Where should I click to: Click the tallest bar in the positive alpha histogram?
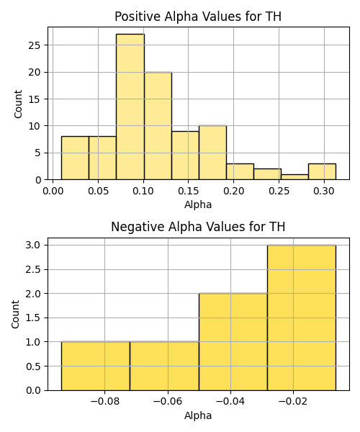tap(130, 107)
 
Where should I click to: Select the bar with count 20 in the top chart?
tap(158, 126)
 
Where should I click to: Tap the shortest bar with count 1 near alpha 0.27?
tap(294, 177)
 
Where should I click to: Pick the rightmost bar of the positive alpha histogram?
tap(322, 171)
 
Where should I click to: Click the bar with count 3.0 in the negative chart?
tap(302, 318)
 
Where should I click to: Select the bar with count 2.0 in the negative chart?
tap(233, 342)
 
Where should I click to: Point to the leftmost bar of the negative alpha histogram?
tap(96, 366)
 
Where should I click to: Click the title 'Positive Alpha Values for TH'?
tap(198, 17)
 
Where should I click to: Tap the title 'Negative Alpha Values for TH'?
tap(198, 227)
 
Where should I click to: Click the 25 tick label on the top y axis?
tap(34, 45)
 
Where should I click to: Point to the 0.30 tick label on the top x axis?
tap(324, 191)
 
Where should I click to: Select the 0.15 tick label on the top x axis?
tap(188, 191)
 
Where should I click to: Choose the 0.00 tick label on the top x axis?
tap(53, 191)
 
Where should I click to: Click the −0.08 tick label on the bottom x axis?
tap(104, 402)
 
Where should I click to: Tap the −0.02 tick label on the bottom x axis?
tap(293, 402)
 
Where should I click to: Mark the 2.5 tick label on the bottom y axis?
tap(33, 269)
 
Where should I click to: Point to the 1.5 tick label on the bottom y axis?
tap(33, 318)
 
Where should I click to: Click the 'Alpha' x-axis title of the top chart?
tap(198, 204)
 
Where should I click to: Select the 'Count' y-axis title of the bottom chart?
tap(15, 315)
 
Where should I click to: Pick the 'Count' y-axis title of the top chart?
tap(18, 104)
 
